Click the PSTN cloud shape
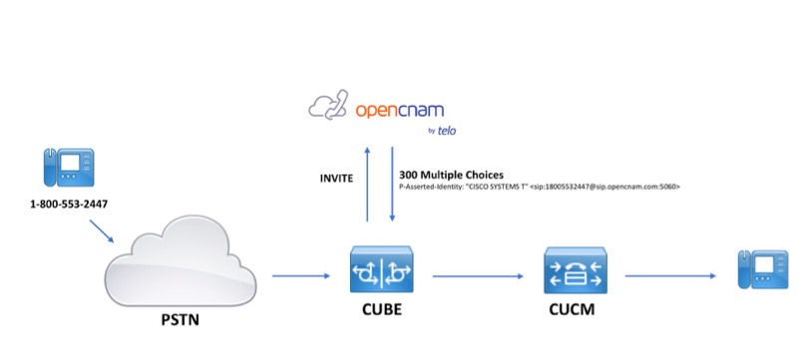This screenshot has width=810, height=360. click(181, 263)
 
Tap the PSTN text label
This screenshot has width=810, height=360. click(180, 320)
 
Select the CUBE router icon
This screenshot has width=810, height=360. click(382, 270)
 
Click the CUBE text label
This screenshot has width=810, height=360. click(382, 309)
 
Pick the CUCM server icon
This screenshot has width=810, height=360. click(576, 270)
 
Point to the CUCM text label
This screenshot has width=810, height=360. click(572, 309)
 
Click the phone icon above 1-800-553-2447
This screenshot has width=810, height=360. click(69, 167)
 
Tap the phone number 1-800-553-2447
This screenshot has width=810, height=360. click(69, 204)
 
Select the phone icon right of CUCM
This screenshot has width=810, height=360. click(763, 268)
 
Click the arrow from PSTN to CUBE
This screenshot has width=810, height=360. click(300, 276)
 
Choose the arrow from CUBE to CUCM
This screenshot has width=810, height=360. click(478, 276)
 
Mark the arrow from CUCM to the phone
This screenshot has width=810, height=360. click(670, 276)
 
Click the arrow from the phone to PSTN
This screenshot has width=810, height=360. click(102, 231)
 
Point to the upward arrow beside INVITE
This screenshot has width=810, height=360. click(367, 183)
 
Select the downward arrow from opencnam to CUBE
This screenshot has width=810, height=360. click(392, 183)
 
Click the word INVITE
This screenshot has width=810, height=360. click(336, 179)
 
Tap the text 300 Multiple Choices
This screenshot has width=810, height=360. click(451, 175)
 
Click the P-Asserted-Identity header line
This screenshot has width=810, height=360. click(540, 186)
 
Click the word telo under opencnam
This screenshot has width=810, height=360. click(447, 132)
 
